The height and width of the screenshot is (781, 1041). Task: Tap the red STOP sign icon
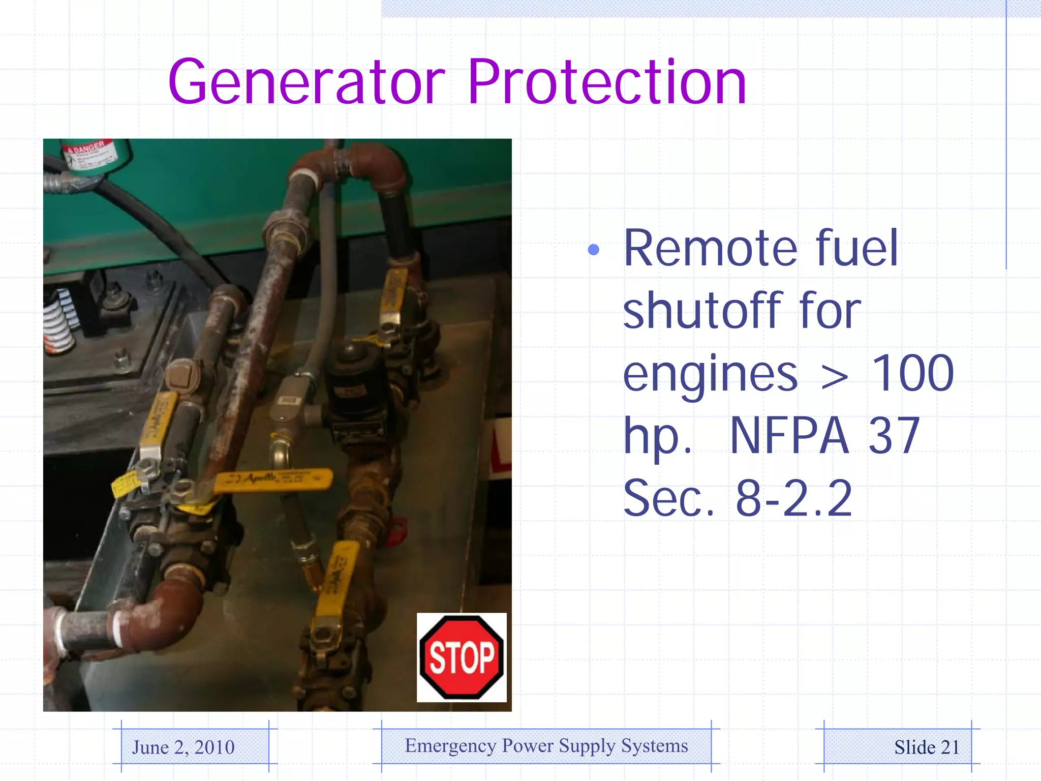click(x=462, y=657)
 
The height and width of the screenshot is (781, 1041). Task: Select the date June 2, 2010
click(x=183, y=747)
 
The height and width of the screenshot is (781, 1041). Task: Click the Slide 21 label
click(x=927, y=747)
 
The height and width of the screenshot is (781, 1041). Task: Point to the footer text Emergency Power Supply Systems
click(x=546, y=745)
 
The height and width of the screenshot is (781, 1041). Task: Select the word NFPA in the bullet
click(x=789, y=436)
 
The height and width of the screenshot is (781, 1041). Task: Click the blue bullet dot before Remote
click(x=593, y=250)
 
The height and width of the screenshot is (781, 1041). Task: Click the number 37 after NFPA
click(x=894, y=436)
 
